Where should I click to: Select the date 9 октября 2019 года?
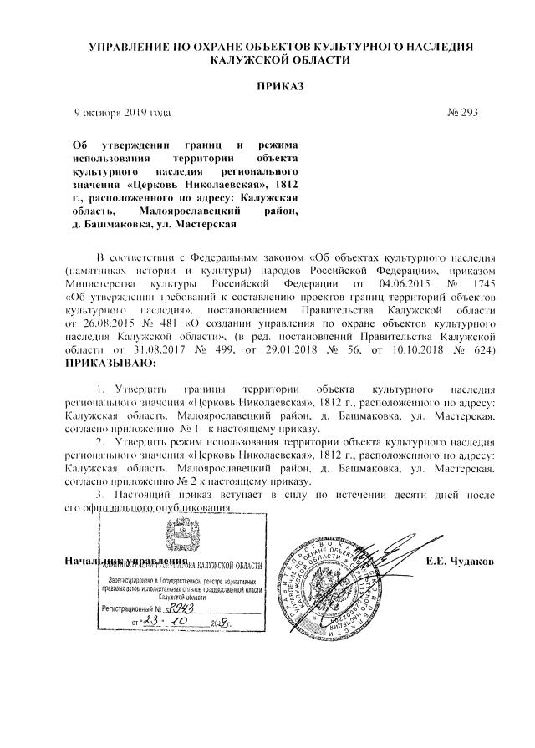click(x=123, y=112)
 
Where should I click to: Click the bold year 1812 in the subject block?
click(x=282, y=183)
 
